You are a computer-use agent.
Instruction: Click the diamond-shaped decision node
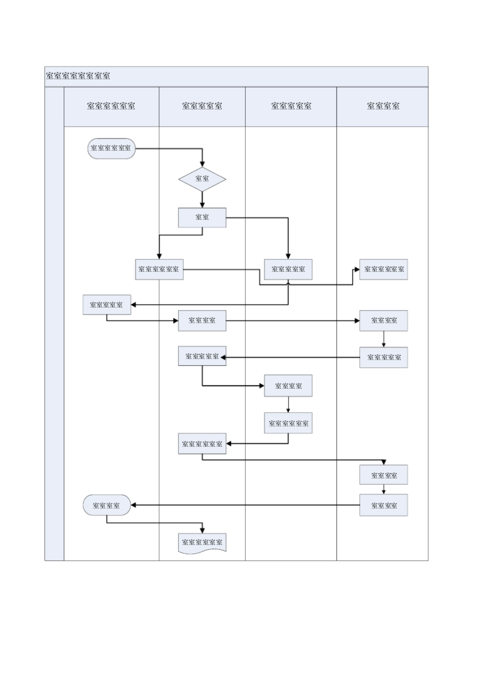(x=202, y=179)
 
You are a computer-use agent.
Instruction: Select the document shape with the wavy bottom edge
(x=202, y=543)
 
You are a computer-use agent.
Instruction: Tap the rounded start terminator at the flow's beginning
(x=111, y=149)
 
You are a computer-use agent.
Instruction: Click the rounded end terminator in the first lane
(x=107, y=505)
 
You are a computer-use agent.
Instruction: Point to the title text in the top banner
(x=78, y=76)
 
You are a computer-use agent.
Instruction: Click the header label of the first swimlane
(x=111, y=106)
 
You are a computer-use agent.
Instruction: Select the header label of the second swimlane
(x=202, y=106)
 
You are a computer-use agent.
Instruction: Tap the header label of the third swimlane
(x=291, y=106)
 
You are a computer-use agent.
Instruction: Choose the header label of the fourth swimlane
(x=383, y=106)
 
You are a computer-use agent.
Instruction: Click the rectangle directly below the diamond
(x=202, y=218)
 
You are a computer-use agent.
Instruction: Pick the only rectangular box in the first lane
(x=107, y=305)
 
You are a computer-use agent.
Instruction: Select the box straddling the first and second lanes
(x=159, y=269)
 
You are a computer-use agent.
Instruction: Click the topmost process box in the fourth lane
(x=383, y=269)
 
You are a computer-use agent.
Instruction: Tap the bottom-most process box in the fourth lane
(x=383, y=505)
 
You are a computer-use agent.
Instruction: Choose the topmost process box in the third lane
(x=288, y=269)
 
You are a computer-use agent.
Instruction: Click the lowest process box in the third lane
(x=288, y=423)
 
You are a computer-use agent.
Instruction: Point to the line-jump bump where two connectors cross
(x=288, y=284)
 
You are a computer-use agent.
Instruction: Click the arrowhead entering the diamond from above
(x=202, y=164)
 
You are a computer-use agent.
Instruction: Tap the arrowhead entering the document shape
(x=202, y=530)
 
